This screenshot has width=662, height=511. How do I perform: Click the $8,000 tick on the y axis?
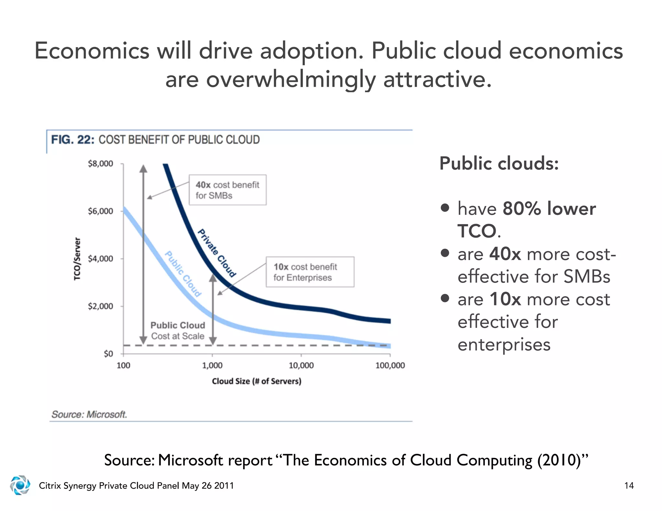tap(101, 164)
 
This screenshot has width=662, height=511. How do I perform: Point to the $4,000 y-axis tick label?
tap(101, 259)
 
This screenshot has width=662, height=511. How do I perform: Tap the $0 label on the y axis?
tap(108, 354)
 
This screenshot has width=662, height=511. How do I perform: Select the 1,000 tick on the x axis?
tap(212, 365)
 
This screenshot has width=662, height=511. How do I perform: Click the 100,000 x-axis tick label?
tap(390, 365)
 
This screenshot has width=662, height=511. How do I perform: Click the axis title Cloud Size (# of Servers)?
tap(256, 381)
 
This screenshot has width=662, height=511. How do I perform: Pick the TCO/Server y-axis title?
tap(77, 259)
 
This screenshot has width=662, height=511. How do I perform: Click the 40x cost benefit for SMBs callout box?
tap(228, 190)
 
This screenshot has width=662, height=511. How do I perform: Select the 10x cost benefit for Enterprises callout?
tap(310, 272)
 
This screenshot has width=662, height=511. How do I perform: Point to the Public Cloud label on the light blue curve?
tap(183, 274)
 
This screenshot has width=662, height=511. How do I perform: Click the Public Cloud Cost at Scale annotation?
tap(178, 331)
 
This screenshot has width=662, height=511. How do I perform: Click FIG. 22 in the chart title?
tap(73, 140)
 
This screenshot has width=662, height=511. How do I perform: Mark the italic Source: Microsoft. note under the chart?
tap(89, 414)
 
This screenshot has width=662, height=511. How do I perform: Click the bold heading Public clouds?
tap(499, 163)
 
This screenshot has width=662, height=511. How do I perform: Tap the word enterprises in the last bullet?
tap(504, 344)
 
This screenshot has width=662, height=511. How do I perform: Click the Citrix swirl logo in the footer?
tap(20, 485)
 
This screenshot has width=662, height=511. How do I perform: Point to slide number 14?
tap(629, 485)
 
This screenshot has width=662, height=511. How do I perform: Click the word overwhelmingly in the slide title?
tap(291, 79)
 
